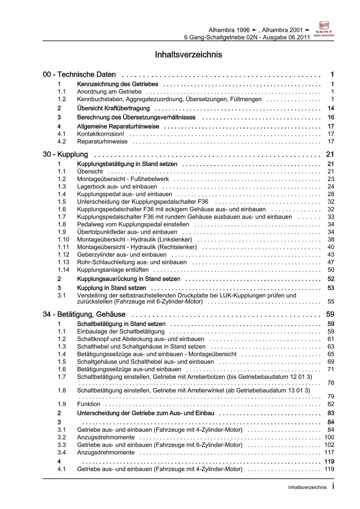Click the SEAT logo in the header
tap(324, 29)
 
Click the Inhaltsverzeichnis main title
tap(188, 55)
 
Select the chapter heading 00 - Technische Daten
tap(79, 75)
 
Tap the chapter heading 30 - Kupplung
tap(65, 154)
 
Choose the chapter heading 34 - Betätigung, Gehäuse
tap(84, 314)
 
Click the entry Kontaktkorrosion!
tap(100, 134)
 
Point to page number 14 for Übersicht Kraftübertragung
tap(331, 108)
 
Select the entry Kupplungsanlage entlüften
tap(113, 270)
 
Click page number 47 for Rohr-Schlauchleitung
tap(331, 262)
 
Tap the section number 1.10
tap(63, 240)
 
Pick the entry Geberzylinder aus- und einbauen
tap(122, 255)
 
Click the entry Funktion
tap(89, 404)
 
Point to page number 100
tap(329, 437)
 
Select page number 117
tap(329, 452)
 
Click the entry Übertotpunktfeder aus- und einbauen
tap(127, 232)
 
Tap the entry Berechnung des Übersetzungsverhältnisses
tap(136, 118)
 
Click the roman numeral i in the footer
tap(333, 486)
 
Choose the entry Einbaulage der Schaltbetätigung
tap(121, 332)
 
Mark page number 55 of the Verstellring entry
tap(331, 302)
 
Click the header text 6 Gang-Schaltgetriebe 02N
tap(221, 37)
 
